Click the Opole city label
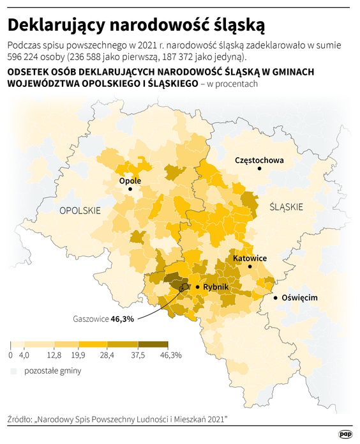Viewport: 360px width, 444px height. point(130,181)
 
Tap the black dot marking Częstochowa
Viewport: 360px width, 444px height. point(260,168)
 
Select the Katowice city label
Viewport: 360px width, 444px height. point(250,258)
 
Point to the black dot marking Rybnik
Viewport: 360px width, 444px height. point(197,287)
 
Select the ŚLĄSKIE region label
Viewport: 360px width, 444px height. point(287,206)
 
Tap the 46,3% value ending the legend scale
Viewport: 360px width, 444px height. point(171,355)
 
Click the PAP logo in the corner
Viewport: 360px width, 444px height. point(346,433)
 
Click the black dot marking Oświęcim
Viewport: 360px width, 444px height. point(275,298)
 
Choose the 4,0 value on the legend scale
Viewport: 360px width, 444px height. point(24,355)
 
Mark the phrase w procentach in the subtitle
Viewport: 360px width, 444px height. point(232,84)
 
